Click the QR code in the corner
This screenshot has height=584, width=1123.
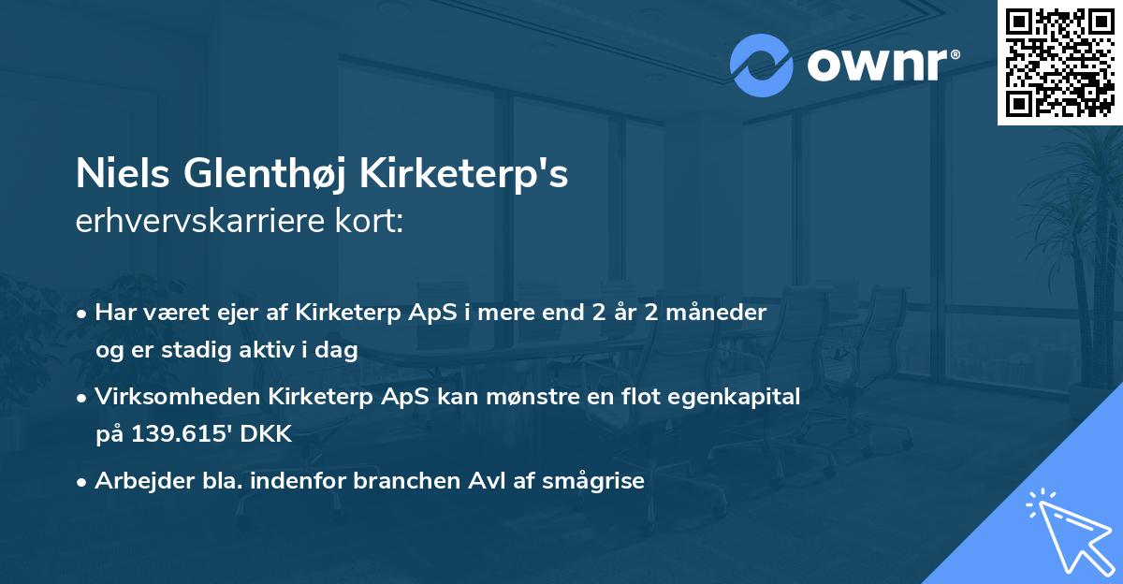pos(1059,63)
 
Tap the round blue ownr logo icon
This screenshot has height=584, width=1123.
pos(762,66)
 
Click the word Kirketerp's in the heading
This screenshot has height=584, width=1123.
pos(477,175)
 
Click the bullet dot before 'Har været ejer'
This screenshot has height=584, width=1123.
pos(83,314)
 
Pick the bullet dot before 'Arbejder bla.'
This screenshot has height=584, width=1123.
pos(83,482)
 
